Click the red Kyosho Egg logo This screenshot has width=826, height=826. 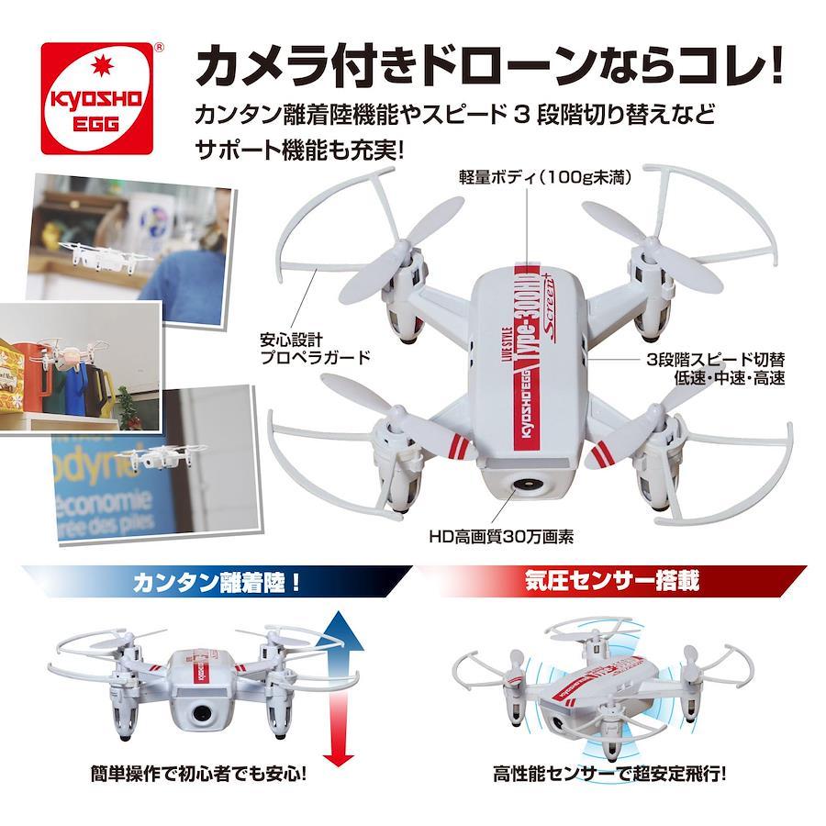pyautogui.click(x=97, y=98)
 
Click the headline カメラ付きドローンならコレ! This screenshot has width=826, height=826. pyautogui.click(x=488, y=67)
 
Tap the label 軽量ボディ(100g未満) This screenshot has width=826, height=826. pyautogui.click(x=545, y=177)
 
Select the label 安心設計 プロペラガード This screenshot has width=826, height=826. pyautogui.click(x=316, y=348)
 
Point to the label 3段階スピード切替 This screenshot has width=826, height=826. pyautogui.click(x=715, y=359)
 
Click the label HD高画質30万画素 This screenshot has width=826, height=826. pyautogui.click(x=501, y=537)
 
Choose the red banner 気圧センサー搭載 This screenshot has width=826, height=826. pyautogui.click(x=612, y=581)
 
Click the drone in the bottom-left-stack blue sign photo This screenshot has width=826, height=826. pyautogui.click(x=158, y=455)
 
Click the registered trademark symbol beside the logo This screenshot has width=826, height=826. pyautogui.click(x=158, y=47)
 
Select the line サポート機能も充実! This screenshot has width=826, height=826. pyautogui.click(x=299, y=151)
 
